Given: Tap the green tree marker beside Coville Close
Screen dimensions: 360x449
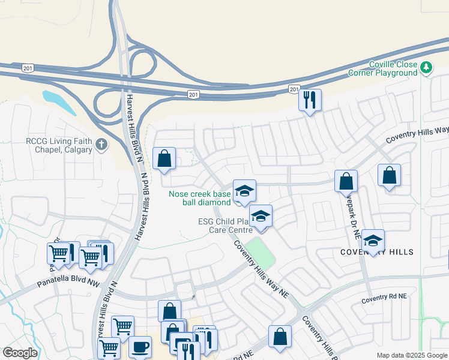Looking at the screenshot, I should (x=427, y=67).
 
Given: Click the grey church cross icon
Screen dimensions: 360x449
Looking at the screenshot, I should (x=102, y=144).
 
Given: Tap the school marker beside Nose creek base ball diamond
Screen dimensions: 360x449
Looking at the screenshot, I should (x=244, y=191).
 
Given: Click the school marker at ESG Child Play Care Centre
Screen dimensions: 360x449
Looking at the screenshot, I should (x=261, y=217).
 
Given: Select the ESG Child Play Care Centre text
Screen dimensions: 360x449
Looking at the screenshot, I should (x=226, y=225).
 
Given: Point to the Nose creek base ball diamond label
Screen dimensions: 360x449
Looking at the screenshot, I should (x=200, y=198).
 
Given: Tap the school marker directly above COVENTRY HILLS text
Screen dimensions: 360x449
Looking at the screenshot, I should (x=373, y=241).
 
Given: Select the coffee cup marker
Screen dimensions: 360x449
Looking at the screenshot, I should (x=140, y=347).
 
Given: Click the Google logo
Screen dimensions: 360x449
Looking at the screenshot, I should (x=20, y=353).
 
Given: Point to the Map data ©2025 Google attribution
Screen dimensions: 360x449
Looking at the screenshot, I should (x=411, y=355).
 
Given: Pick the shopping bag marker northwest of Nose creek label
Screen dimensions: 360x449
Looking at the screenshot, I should (x=164, y=159).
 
